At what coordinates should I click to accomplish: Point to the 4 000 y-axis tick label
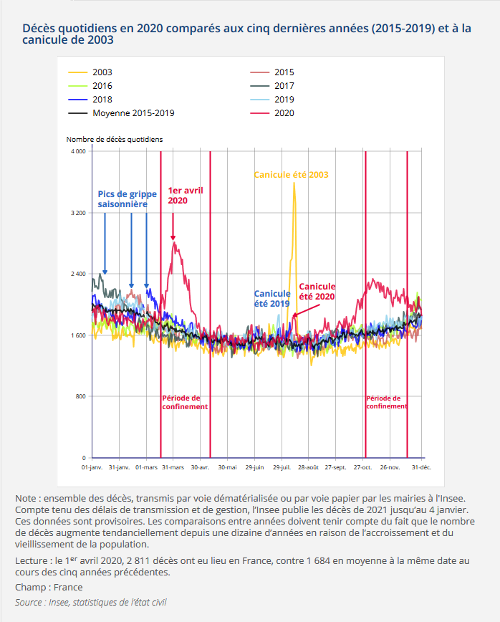78,152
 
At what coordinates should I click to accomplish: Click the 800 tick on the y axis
81,396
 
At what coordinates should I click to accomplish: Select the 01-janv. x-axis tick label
92,467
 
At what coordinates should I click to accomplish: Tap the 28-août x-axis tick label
309,467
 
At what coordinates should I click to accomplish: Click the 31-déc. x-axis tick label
421,467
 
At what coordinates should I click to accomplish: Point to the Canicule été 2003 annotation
292,175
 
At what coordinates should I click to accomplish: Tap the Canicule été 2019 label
272,298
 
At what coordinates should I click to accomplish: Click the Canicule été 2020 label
317,292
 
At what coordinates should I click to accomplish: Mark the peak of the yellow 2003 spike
294,184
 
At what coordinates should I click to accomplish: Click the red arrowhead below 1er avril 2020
173,238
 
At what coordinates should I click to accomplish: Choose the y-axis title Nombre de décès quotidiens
115,139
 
